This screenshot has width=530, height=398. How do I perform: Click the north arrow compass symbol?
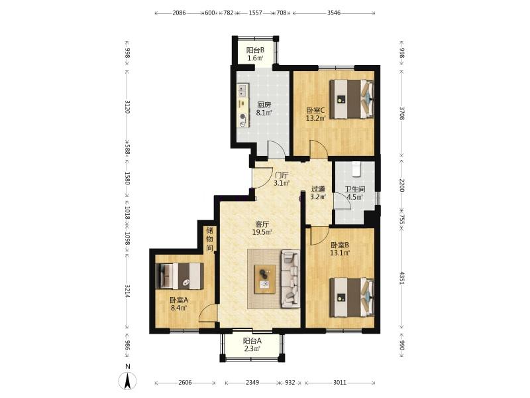tap(127, 380)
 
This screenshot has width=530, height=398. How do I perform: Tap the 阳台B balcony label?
tap(255, 50)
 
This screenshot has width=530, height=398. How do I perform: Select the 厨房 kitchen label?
tap(264, 105)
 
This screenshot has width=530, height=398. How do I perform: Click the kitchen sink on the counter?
tap(242, 90)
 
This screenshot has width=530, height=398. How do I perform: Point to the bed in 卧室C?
tap(352, 99)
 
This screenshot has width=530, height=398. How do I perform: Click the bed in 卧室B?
tap(352, 297)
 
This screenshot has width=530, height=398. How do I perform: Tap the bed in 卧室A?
tap(180, 276)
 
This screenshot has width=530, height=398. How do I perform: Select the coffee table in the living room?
tap(264, 279)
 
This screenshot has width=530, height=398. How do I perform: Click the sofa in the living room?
tap(291, 279)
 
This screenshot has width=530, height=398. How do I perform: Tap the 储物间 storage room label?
tap(209, 239)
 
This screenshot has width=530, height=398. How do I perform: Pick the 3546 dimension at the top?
tap(334, 13)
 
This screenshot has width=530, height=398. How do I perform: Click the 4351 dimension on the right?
tap(401, 277)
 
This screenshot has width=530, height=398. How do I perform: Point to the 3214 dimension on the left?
tap(127, 291)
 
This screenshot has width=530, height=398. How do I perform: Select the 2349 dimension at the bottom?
tap(252, 383)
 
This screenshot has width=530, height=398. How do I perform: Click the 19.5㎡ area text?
tap(262, 232)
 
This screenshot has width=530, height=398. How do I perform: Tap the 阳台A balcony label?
tap(252, 341)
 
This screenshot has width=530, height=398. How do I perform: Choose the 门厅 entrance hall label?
tap(282, 175)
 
